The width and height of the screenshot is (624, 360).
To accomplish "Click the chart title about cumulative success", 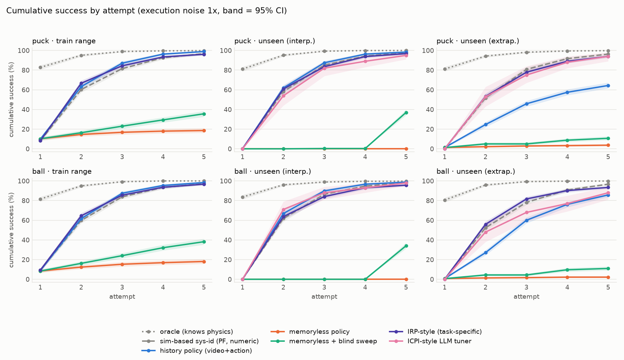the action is [x=146, y=11].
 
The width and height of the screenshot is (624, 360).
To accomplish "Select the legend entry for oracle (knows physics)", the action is [x=188, y=332].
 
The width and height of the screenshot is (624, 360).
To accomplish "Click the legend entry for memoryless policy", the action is [x=310, y=332].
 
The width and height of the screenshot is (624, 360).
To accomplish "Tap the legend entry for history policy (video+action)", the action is [x=197, y=351].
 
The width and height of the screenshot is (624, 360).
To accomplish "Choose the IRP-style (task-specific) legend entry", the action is [x=436, y=332].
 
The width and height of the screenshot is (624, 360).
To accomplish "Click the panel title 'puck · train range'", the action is [x=64, y=41].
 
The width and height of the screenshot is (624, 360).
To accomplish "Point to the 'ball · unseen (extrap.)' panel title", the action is [x=476, y=171].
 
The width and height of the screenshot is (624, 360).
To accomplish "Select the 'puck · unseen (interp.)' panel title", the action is [x=275, y=41].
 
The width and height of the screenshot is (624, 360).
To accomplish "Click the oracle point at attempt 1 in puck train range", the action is [x=40, y=67].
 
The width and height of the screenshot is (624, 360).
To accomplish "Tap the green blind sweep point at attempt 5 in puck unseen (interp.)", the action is [x=406, y=113].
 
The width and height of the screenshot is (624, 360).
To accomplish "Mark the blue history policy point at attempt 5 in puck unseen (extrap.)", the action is [x=608, y=86].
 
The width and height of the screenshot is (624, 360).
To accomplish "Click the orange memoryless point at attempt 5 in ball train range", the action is [x=204, y=262].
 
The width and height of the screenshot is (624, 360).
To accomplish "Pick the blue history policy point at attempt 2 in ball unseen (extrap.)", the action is [x=486, y=253].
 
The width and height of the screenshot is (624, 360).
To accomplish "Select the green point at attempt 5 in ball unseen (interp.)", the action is [x=406, y=246].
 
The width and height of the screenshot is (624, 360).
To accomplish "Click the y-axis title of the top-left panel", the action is [x=11, y=99].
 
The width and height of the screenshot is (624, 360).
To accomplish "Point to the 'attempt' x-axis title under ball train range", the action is [x=122, y=297].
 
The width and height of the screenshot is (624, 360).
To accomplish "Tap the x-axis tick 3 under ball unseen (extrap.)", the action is [x=527, y=287].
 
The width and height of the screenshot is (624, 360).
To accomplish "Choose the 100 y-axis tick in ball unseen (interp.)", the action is [x=226, y=181].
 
